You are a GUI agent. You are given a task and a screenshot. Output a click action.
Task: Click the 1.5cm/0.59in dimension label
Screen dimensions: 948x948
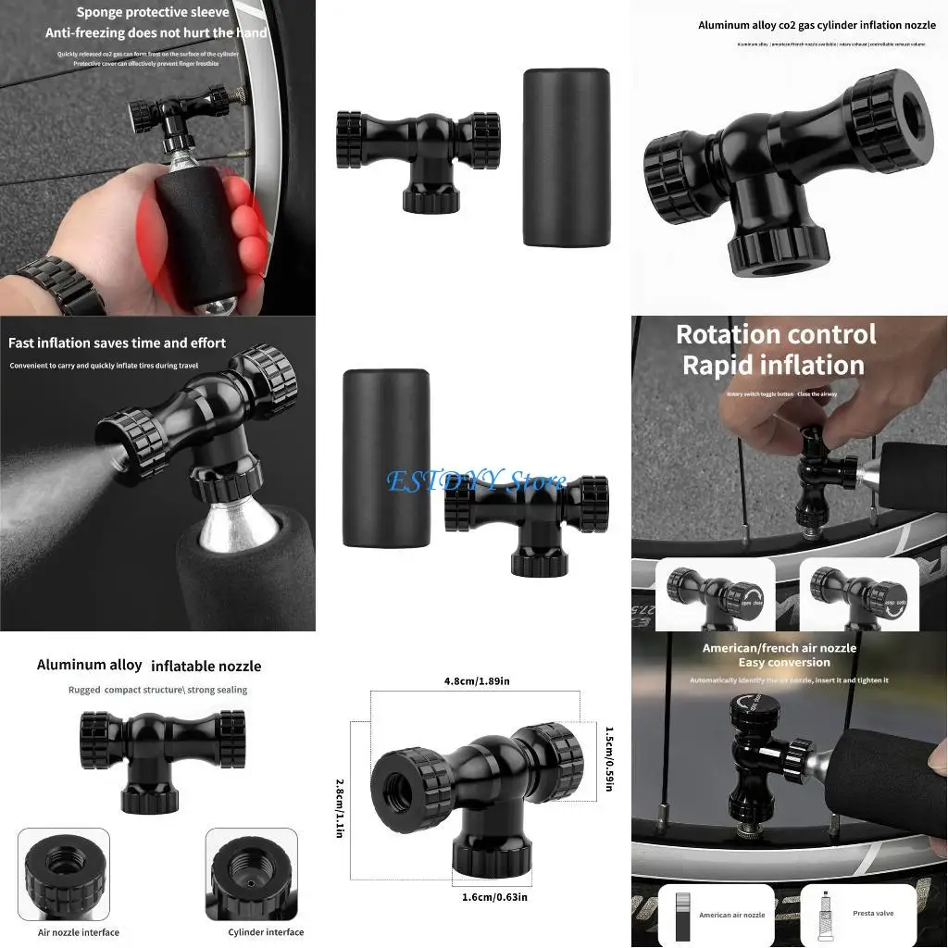[608, 758]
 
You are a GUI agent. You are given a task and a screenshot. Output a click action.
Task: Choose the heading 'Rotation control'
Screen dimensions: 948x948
[776, 334]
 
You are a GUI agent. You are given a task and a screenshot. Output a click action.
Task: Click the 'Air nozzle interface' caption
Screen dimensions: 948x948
[79, 931]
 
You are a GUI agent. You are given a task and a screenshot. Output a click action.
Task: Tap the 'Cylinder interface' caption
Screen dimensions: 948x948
[266, 931]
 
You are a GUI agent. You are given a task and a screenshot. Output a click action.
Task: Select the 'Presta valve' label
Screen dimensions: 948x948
[873, 913]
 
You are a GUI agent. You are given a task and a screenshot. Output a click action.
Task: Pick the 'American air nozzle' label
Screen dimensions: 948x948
[731, 915]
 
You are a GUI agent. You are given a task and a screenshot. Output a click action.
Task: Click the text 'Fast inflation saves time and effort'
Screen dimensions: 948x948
[117, 343]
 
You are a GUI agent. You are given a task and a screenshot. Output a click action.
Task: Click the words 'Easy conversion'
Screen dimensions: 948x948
[784, 662]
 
